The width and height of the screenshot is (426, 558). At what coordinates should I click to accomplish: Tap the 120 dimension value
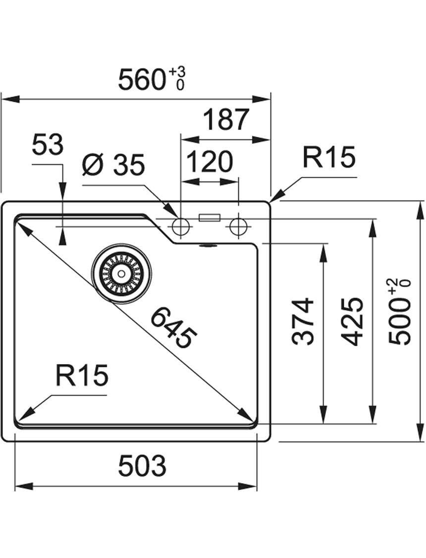(210, 162)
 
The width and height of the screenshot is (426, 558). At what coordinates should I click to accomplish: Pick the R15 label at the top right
(328, 157)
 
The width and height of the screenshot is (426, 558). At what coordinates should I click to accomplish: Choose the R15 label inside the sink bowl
(82, 375)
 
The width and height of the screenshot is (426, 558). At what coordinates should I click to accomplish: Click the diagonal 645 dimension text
(174, 327)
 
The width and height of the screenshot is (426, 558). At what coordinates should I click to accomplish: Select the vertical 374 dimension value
(303, 321)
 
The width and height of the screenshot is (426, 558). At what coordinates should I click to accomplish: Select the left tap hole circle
(181, 227)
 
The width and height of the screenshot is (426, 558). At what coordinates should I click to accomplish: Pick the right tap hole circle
(238, 227)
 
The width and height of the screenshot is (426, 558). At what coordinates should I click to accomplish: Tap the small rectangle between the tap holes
(210, 217)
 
